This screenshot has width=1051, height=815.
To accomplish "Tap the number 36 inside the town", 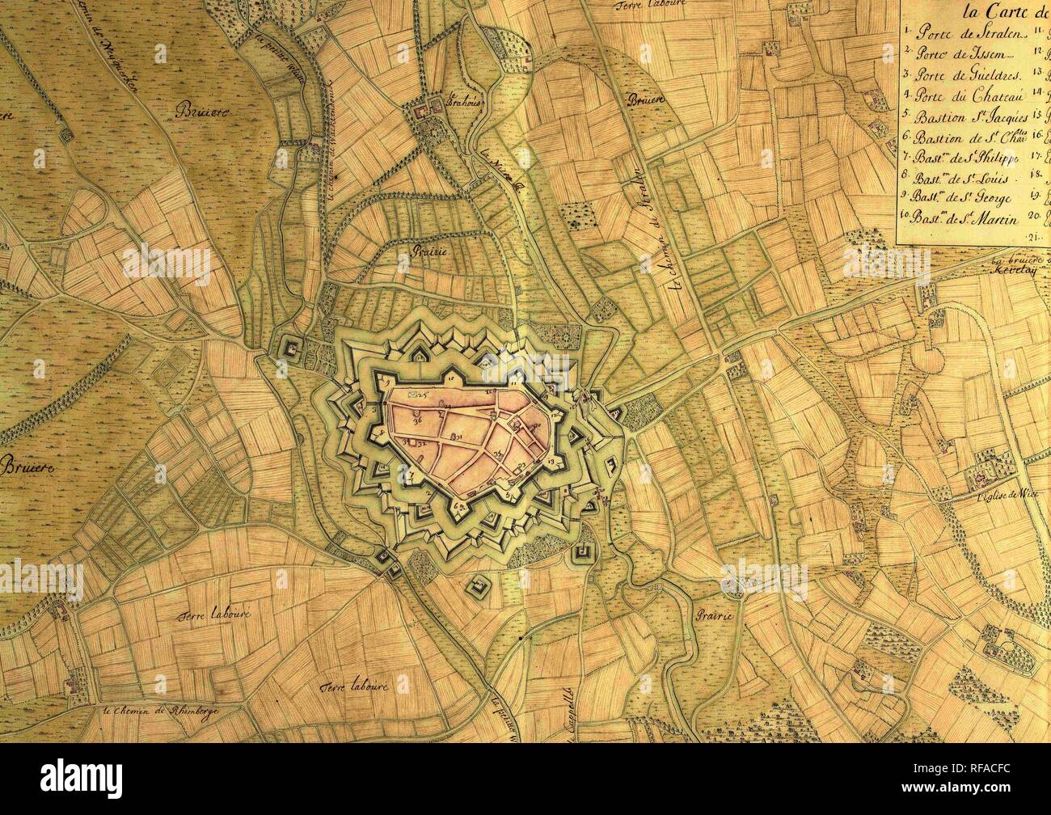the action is [418, 420].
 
